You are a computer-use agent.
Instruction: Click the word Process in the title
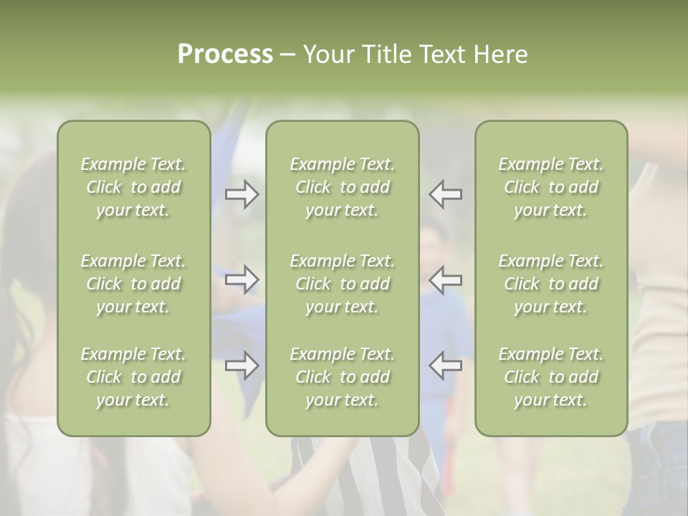(225, 54)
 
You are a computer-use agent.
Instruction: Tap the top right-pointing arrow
(242, 194)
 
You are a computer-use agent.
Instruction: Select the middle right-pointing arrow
(242, 280)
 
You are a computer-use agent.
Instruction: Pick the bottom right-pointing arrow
(242, 365)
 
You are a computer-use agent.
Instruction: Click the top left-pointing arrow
(445, 194)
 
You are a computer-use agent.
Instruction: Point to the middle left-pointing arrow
(445, 280)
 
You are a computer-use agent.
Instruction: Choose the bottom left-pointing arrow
(445, 365)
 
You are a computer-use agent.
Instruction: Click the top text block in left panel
(133, 187)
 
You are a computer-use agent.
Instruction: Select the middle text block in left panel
(133, 284)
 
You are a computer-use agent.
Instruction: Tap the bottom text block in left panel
(133, 377)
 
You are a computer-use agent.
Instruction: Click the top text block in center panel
(342, 187)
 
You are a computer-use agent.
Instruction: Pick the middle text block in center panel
(342, 284)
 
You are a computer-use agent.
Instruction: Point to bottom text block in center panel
(342, 377)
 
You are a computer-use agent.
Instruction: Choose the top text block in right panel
(550, 187)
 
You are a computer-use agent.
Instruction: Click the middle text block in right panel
(550, 284)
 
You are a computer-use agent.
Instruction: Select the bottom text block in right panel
(550, 377)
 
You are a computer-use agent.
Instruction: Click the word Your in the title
(327, 54)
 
